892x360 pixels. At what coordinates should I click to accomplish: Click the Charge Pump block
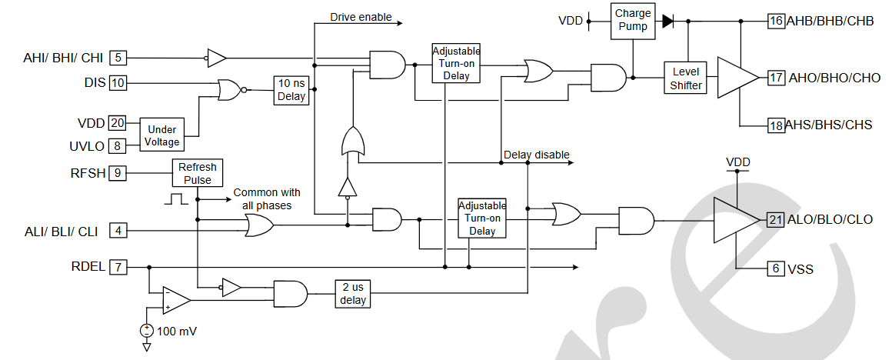[x=633, y=19]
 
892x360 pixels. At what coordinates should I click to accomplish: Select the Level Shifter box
[x=686, y=78]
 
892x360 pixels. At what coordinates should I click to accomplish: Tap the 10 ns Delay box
[x=291, y=90]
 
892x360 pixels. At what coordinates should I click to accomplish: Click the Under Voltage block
[x=162, y=135]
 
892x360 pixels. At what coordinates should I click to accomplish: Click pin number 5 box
[x=118, y=57]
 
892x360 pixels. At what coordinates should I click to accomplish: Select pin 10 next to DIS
[x=118, y=82]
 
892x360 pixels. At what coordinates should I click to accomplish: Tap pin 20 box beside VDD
[x=118, y=123]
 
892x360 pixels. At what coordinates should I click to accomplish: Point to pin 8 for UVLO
[x=118, y=146]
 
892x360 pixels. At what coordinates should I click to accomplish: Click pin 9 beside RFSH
[x=118, y=173]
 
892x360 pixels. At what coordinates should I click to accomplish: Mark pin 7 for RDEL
[x=118, y=268]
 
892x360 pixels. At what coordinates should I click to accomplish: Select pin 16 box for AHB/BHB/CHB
[x=775, y=21]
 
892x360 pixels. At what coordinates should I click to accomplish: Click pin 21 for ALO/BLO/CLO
[x=775, y=220]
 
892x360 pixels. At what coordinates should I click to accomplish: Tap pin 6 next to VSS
[x=775, y=268]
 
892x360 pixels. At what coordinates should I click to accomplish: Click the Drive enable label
[x=361, y=17]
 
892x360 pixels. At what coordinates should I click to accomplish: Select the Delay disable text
[x=536, y=155]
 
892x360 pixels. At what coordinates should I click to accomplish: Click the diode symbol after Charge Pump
[x=667, y=21]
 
